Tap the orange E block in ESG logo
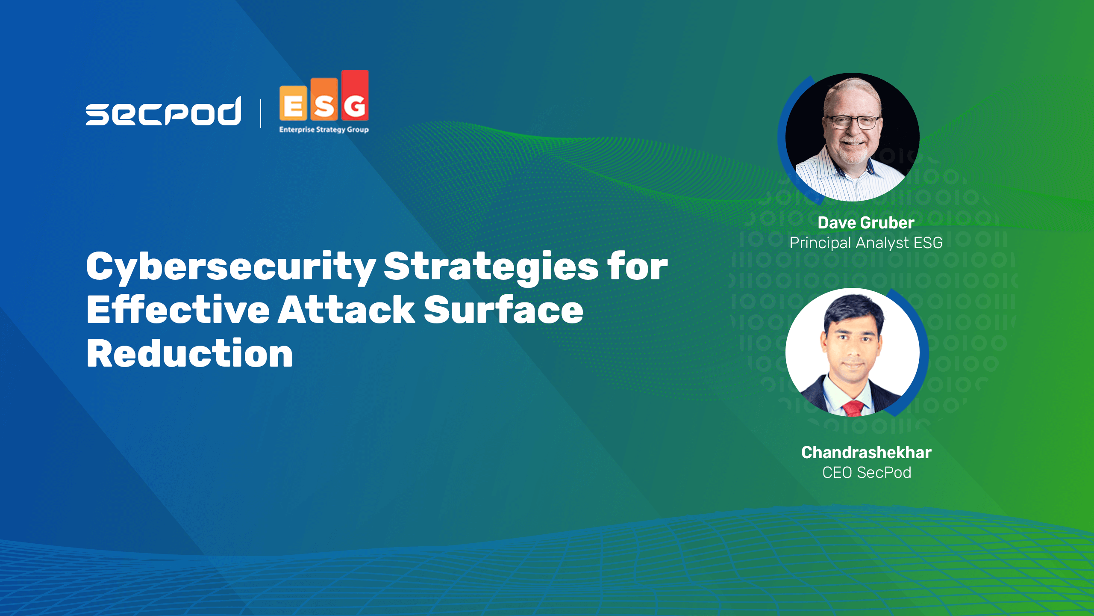pos(293,103)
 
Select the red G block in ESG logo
pos(355,95)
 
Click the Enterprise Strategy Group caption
pos(324,130)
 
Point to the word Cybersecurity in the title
pos(231,267)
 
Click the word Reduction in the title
pos(190,353)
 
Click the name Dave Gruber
pos(866,223)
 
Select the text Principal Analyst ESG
pos(866,243)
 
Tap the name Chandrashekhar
pos(866,453)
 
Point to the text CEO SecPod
pos(867,473)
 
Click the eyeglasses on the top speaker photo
pos(853,122)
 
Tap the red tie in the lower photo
pos(853,409)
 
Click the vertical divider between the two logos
pos(261,113)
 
